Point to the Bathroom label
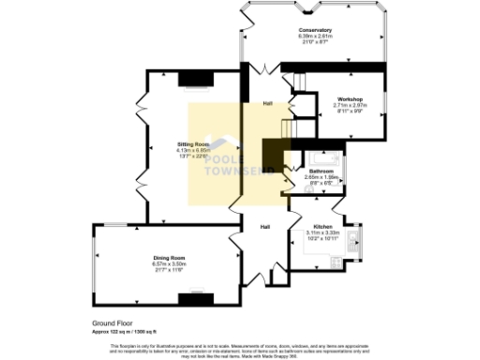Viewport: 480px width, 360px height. coord(321,171)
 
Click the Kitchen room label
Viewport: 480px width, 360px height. coord(322,227)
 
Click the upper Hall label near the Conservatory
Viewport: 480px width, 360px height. coord(267,103)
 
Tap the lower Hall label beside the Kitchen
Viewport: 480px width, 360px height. coord(265,226)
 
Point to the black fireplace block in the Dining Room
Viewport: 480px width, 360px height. coord(194,299)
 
